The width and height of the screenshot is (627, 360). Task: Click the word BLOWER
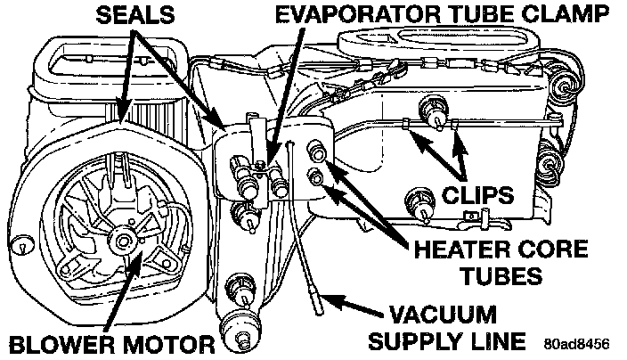pyautogui.click(x=53, y=342)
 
